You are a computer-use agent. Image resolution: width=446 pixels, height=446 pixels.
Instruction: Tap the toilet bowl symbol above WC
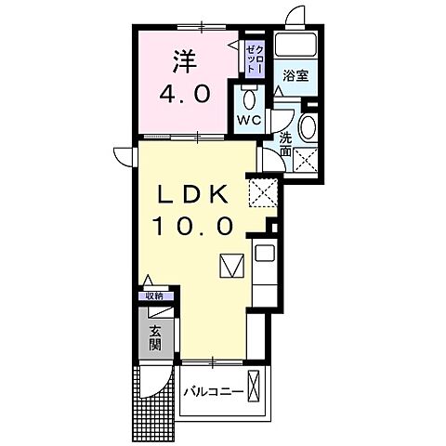246,98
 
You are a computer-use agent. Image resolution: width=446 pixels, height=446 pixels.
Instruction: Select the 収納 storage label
154,295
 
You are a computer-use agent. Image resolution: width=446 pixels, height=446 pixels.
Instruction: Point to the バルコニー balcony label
212,391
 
